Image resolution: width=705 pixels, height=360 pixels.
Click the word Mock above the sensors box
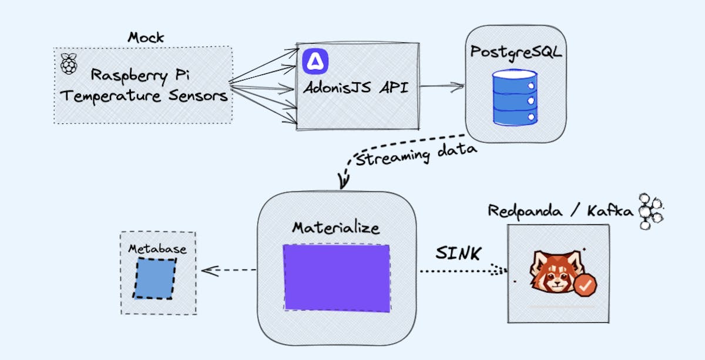pos(146,37)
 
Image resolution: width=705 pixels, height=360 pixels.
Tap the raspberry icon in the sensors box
pos(69,64)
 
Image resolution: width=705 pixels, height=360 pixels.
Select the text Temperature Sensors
pos(144,96)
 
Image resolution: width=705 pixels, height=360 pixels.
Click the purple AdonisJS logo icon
pos(315,61)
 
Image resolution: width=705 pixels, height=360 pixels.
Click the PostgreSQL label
pos(516,51)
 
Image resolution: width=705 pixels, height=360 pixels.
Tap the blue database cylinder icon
pos(515,97)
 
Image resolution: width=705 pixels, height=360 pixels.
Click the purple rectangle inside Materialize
pos(337,277)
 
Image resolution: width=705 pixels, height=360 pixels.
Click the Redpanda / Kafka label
pos(561,211)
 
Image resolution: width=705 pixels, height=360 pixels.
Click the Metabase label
pos(157,249)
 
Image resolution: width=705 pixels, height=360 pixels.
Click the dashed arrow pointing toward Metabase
pos(229,271)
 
